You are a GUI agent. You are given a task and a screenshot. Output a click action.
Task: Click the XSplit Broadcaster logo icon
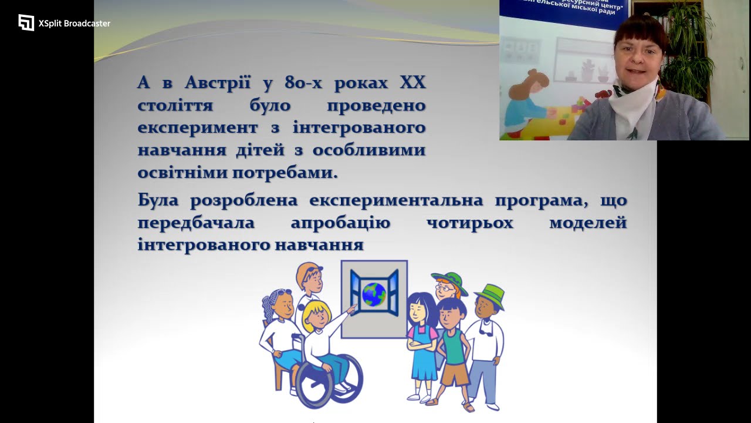[26, 23]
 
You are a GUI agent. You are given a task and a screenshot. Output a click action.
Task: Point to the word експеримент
[191, 127]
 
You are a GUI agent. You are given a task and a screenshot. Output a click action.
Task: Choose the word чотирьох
[470, 223]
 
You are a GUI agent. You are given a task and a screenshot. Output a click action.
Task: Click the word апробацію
[340, 223]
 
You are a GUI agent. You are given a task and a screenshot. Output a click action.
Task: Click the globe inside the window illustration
[374, 294]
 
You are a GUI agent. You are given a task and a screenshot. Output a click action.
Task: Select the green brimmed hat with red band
[449, 280]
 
